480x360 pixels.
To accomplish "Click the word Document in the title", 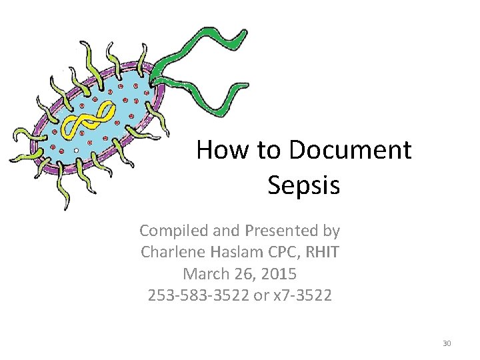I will [x=350, y=150].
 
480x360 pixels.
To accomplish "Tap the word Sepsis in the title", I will [x=303, y=185].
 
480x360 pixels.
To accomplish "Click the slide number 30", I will [x=447, y=343].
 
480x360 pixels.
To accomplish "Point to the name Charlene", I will [x=170, y=252].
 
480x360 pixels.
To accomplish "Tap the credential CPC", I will [x=279, y=252].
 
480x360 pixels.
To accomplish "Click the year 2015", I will [x=278, y=273].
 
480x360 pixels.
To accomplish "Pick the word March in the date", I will [x=205, y=273].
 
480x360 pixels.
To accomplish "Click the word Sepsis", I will [x=303, y=185].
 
